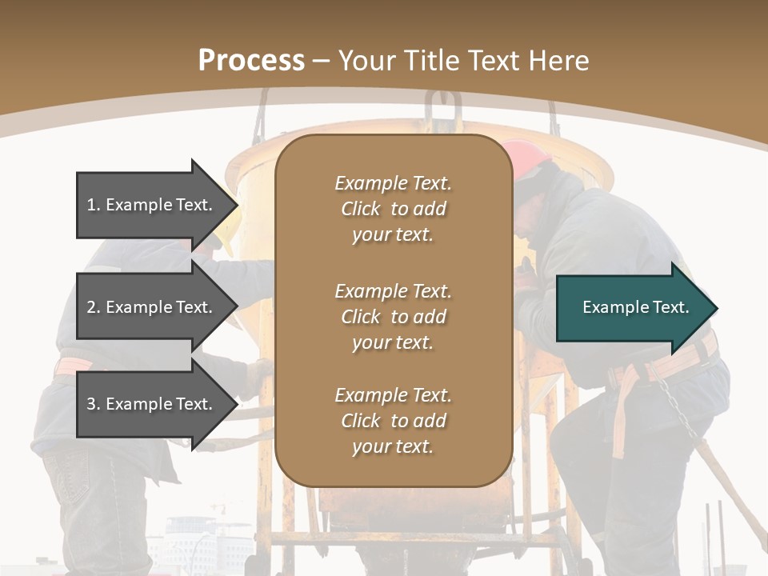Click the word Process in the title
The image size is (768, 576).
251,61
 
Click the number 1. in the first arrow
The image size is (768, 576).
93,205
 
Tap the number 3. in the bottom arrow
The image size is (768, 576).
93,404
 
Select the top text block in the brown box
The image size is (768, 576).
393,209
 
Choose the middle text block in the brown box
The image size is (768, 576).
393,317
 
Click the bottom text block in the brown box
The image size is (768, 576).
393,421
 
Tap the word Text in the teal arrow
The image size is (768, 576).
670,307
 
